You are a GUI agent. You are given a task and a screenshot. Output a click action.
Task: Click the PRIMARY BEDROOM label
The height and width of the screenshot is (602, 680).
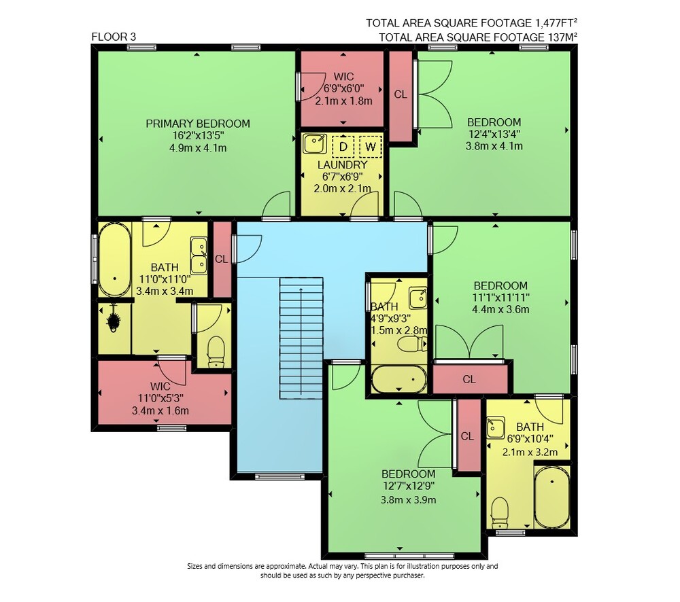point(198,124)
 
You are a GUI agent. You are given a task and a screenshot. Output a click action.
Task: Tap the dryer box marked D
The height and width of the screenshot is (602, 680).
point(343,146)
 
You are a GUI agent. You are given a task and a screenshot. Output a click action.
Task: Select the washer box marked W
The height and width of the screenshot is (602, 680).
point(371,146)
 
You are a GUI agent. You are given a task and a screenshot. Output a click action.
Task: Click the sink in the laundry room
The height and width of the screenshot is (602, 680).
point(315,144)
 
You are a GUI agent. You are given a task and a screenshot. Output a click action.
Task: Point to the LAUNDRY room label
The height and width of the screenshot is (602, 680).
point(343,164)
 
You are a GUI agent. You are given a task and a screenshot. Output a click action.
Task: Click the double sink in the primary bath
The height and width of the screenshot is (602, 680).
point(199,255)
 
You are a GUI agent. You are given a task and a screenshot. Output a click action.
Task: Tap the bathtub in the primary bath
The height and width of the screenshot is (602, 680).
point(114,260)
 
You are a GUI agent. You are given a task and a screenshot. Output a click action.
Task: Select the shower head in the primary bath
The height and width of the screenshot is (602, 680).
point(114,320)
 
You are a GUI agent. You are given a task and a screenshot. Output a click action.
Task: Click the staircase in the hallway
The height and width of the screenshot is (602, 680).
point(301,338)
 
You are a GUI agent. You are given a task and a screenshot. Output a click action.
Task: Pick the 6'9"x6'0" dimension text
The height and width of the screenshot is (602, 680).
point(343,88)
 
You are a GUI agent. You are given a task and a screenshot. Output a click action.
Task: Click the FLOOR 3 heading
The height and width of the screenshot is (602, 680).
point(114,37)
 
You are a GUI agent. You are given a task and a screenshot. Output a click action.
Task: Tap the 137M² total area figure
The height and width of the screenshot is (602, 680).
point(563,37)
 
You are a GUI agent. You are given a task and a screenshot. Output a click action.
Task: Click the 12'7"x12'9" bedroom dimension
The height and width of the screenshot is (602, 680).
point(409,486)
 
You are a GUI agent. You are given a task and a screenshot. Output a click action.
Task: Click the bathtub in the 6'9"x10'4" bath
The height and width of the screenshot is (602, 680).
point(552,497)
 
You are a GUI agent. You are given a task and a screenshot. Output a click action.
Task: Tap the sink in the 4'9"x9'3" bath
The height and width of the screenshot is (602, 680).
point(418,298)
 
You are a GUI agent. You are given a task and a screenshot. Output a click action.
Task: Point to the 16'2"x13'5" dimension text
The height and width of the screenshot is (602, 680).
point(198,136)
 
